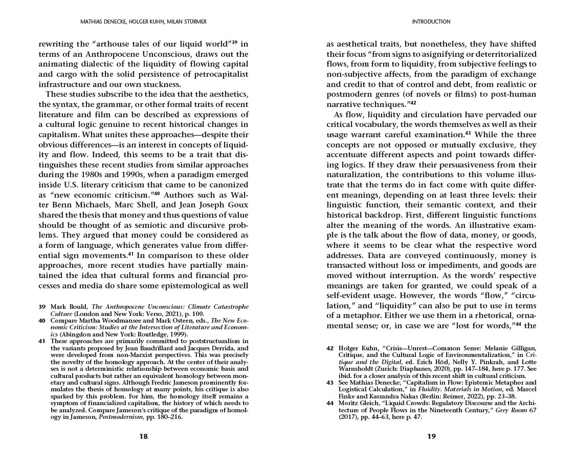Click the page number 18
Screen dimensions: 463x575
pos(143,436)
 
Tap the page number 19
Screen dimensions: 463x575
pos(431,436)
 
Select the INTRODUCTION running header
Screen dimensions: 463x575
pos(431,22)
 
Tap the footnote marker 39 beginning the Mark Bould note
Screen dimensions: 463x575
pos(42,306)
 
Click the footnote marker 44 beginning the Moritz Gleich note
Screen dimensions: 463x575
pos(330,403)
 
